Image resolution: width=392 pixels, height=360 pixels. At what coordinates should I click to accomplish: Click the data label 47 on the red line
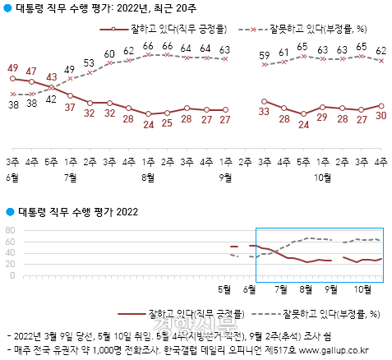(x=31, y=72)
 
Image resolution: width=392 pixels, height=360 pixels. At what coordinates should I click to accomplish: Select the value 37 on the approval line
(x=71, y=107)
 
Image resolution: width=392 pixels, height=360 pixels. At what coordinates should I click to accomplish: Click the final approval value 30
(x=381, y=116)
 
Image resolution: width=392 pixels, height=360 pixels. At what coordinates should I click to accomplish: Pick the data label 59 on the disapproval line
(x=264, y=57)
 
